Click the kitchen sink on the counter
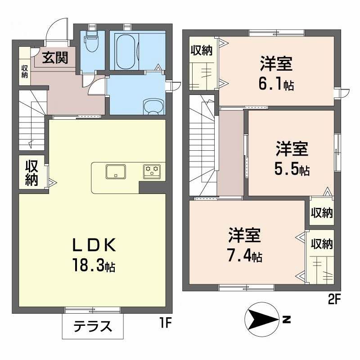coord(116,171)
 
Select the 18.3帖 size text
coord(94,265)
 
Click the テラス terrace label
coord(92,326)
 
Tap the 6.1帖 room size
coord(276,84)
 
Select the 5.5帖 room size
coord(292,169)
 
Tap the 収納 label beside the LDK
coord(31,173)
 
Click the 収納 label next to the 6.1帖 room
coord(201,51)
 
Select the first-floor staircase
coord(31,121)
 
